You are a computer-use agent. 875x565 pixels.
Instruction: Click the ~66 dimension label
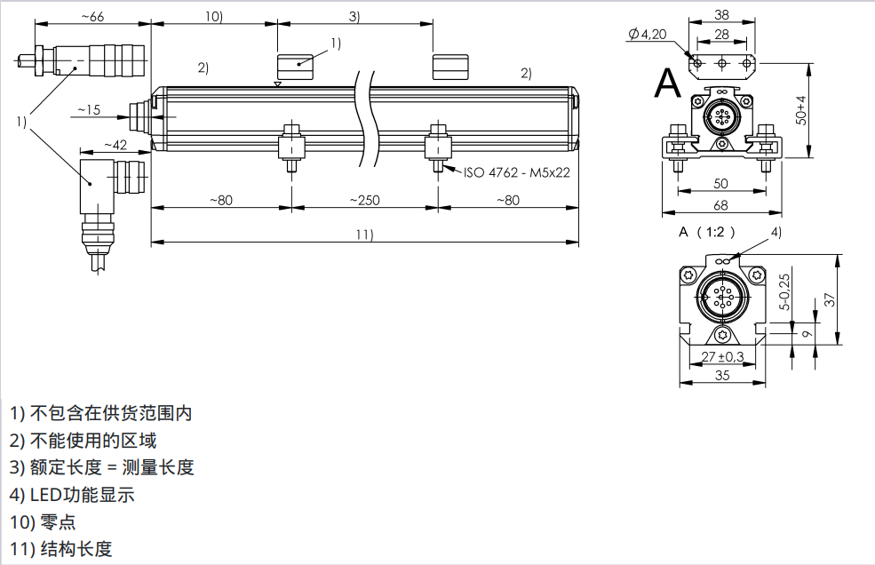click(91, 17)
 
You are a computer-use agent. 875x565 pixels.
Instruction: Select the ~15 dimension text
click(89, 110)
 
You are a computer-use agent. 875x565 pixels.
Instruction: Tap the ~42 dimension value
click(115, 144)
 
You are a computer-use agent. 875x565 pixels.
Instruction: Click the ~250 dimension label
click(363, 200)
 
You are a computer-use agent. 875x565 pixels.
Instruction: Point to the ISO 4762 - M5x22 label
click(516, 172)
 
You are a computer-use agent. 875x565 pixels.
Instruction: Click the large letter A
click(667, 84)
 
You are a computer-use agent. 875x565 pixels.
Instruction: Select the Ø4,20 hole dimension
click(647, 34)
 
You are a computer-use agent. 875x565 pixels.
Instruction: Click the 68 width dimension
click(720, 206)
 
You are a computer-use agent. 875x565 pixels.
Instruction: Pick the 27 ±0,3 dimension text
click(722, 357)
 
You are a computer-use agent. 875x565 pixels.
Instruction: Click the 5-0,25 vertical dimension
click(784, 290)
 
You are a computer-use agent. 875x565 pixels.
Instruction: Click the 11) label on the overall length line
click(363, 235)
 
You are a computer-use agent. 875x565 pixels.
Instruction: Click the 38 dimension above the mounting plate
click(721, 14)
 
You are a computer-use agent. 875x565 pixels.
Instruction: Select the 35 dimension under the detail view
click(722, 376)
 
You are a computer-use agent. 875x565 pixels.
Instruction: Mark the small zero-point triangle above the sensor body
click(278, 84)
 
